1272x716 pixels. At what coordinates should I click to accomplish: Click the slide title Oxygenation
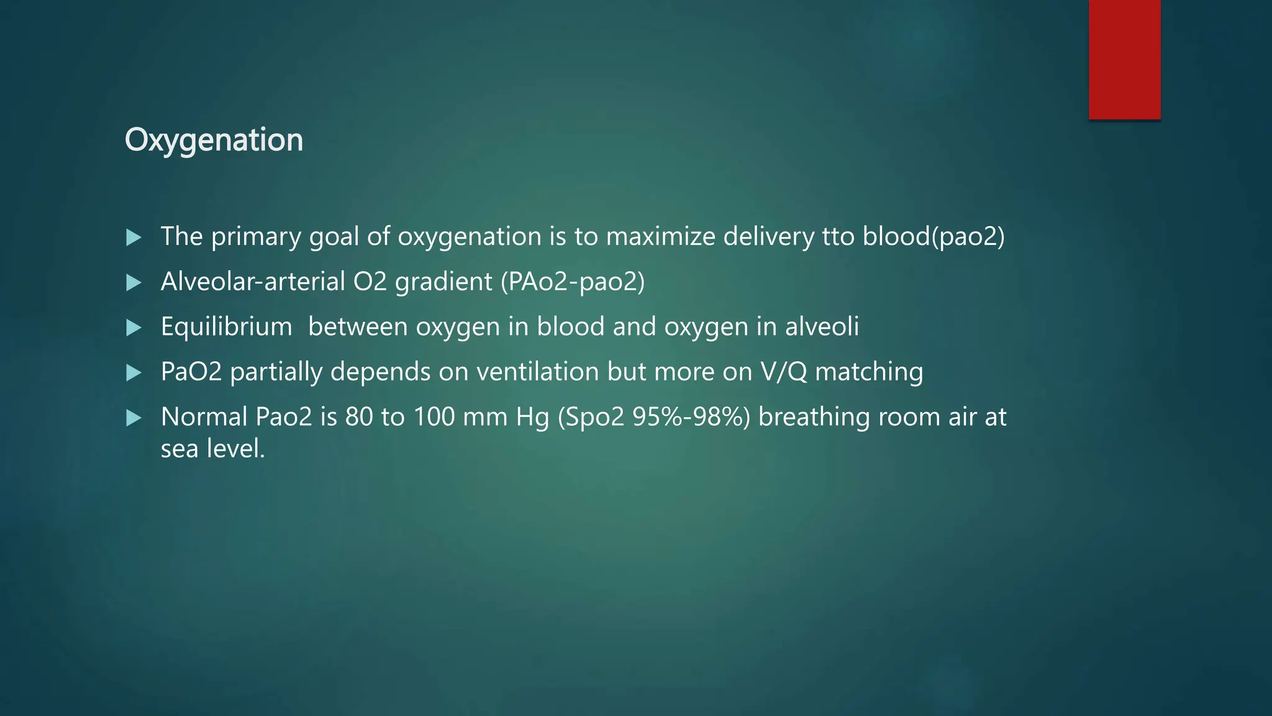click(214, 140)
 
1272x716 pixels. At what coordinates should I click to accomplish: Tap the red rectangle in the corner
click(1124, 59)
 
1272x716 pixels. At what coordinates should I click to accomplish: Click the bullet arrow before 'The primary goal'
click(134, 237)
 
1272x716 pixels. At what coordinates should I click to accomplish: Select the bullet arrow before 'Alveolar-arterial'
click(134, 283)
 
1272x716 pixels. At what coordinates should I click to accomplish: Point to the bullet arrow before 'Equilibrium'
click(134, 328)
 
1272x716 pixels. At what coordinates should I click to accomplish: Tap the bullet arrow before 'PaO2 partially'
click(134, 373)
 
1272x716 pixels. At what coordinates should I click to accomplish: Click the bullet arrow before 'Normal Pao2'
click(134, 418)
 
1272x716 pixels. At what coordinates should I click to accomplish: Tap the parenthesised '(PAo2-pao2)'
click(573, 282)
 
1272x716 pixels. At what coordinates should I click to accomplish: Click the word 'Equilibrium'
click(226, 327)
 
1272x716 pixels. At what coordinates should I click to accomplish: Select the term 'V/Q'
click(784, 372)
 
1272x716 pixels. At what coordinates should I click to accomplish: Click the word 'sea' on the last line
click(179, 449)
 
